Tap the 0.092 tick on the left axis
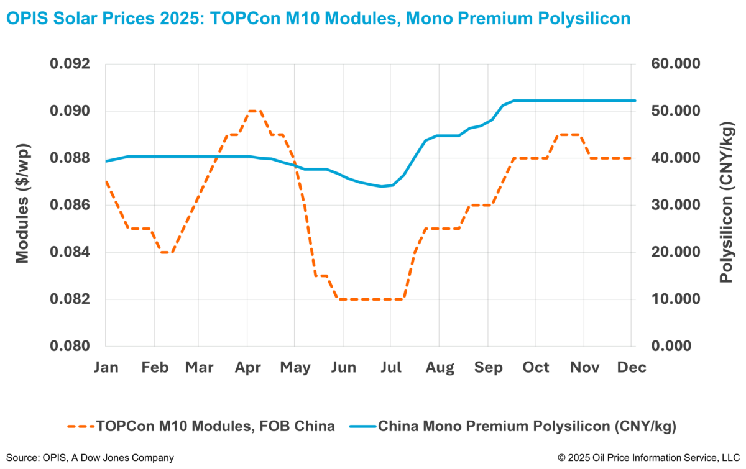point(73,64)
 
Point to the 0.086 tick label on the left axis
point(73,205)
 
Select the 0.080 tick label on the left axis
point(73,346)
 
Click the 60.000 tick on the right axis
point(674,64)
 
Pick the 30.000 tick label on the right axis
point(674,205)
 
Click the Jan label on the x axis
point(106,368)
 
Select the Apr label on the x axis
point(247,368)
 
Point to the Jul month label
point(390,368)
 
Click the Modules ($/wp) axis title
point(23,205)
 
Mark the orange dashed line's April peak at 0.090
point(253,111)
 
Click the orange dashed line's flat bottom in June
point(367,299)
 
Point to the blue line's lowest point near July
point(382,186)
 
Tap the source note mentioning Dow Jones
point(90,458)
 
